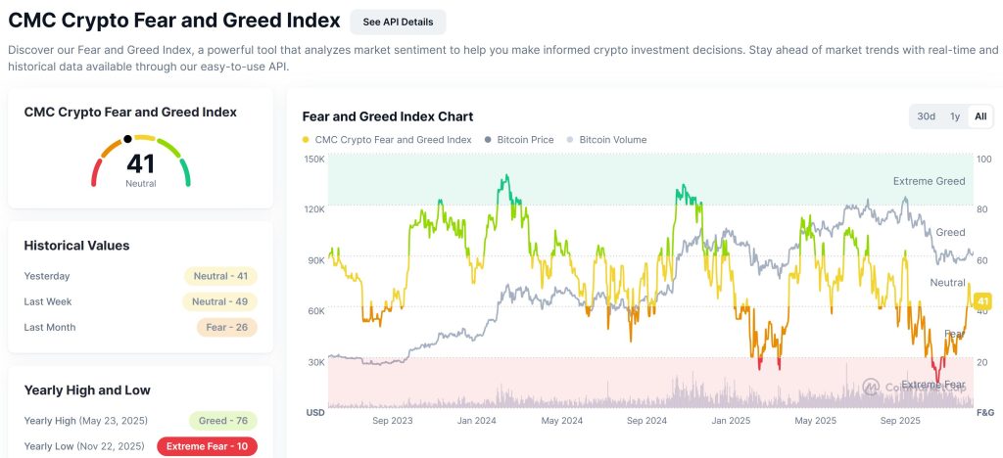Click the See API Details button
[x=398, y=22]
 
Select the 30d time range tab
[x=926, y=116]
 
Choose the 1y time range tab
[x=954, y=116]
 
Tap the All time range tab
[x=979, y=116]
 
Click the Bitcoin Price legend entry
[x=524, y=140]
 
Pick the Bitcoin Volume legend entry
[x=612, y=140]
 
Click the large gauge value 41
[x=140, y=163]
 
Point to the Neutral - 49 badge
[x=220, y=301]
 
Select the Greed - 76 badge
[x=222, y=421]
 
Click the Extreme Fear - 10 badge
[x=208, y=446]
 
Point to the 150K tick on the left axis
[x=314, y=159]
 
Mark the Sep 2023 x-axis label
[x=393, y=421]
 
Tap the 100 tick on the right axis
[x=984, y=159]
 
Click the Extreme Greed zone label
[x=929, y=181]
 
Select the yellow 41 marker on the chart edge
[x=983, y=300]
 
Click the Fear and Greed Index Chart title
[x=387, y=116]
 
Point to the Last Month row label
[x=50, y=327]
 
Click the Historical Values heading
[x=76, y=246]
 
